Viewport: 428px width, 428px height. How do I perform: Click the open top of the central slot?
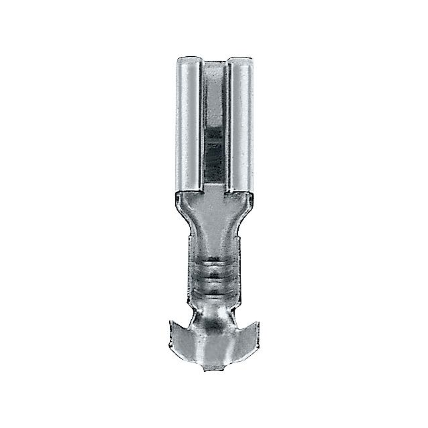(x=214, y=64)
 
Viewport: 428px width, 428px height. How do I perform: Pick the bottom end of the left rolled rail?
(x=189, y=189)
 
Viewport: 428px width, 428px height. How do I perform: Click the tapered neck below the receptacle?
(x=214, y=231)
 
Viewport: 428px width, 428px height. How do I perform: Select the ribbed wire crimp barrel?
(x=214, y=274)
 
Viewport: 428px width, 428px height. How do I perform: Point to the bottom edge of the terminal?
(x=214, y=364)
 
